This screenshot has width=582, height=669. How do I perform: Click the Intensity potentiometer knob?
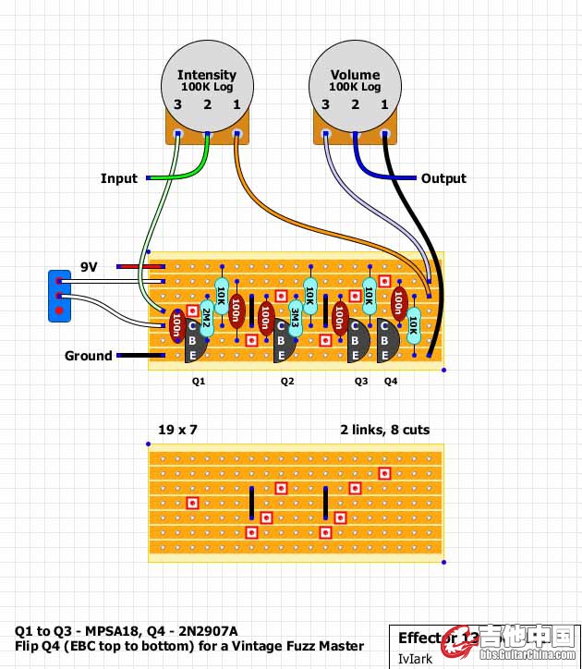pos(207,81)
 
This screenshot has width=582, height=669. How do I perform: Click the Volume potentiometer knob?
pos(355,81)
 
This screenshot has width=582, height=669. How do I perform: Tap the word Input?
pos(118,178)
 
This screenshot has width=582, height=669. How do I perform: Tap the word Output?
pos(443,178)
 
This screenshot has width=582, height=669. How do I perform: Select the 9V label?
pos(89,267)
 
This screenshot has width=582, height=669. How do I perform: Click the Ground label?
pos(88,356)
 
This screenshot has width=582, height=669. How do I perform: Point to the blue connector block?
pos(60,296)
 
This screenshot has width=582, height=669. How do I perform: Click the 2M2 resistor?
pos(206,318)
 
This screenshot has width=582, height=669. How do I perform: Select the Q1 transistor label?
pos(199,381)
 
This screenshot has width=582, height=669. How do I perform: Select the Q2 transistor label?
pos(287,381)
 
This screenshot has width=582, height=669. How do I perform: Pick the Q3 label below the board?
pos(361,381)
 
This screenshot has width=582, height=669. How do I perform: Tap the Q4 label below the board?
pos(391,381)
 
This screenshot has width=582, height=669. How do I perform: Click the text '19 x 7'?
pos(178,430)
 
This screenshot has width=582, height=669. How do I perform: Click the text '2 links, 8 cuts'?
pos(384,430)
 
